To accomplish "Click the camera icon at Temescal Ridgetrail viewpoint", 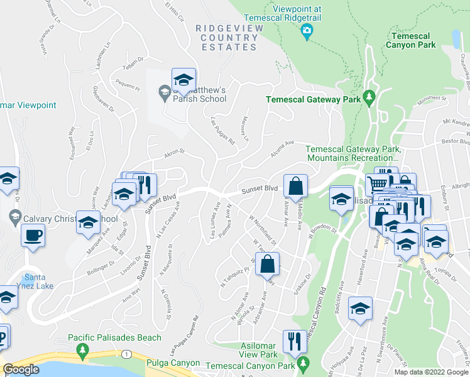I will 307,31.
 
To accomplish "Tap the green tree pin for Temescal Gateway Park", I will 369,98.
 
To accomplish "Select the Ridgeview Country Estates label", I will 226,37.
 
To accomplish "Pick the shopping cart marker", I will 376,184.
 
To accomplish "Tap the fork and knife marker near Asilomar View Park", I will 293,341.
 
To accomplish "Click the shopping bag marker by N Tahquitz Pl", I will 267,264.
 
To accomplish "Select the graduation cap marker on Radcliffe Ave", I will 359,309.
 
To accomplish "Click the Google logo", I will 21,369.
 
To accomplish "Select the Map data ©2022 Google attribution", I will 431,372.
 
